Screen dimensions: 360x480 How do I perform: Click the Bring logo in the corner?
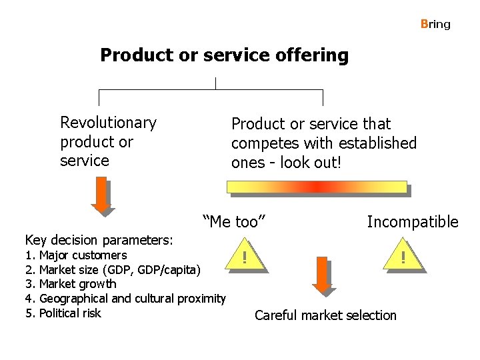(x=435, y=24)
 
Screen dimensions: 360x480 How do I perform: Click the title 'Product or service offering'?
(x=224, y=55)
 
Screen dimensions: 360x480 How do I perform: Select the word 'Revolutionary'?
(x=108, y=123)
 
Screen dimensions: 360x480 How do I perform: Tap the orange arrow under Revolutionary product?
(x=102, y=197)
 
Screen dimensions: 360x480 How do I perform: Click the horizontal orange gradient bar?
(x=317, y=187)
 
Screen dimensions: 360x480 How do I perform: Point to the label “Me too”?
(x=234, y=221)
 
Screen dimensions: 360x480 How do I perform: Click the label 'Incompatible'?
(x=412, y=222)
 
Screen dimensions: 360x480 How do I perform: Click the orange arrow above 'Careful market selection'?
(x=323, y=275)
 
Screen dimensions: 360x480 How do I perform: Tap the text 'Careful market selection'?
(x=325, y=315)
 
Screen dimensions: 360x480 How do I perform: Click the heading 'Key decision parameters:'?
(x=99, y=240)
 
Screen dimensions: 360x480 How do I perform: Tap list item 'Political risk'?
(x=70, y=313)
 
